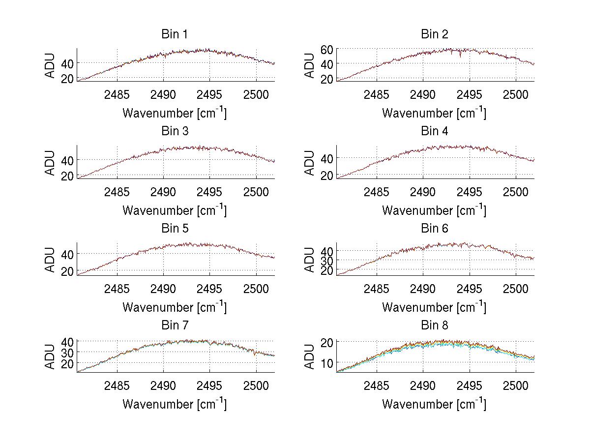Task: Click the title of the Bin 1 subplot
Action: click(x=175, y=34)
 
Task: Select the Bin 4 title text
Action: click(x=435, y=131)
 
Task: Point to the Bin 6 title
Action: click(x=435, y=229)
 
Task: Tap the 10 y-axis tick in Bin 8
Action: click(x=327, y=362)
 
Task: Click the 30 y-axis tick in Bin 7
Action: click(x=68, y=352)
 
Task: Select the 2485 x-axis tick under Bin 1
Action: click(x=117, y=94)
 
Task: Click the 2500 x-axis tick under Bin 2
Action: click(x=515, y=94)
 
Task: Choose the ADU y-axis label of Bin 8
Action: click(x=310, y=356)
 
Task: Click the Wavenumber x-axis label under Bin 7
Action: click(x=175, y=404)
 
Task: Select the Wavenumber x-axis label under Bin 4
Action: click(x=434, y=210)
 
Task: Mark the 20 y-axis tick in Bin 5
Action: click(x=68, y=271)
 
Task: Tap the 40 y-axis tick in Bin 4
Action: click(x=327, y=158)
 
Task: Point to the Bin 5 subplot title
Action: click(x=175, y=229)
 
